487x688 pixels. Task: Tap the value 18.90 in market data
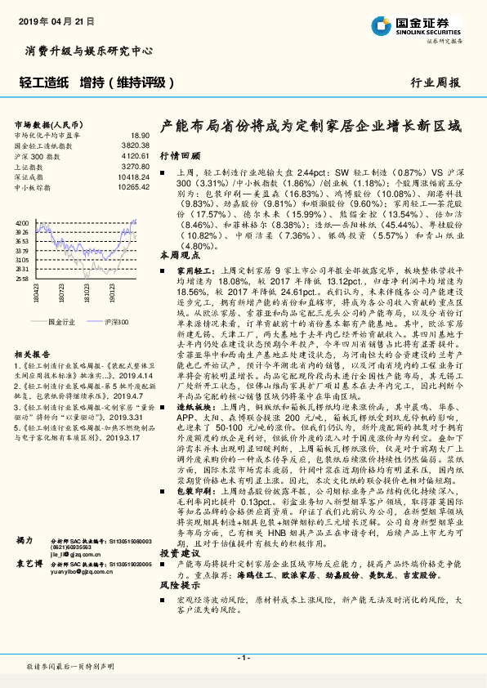click(x=141, y=135)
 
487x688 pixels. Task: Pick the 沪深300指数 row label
click(x=39, y=154)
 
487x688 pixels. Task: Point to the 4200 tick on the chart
click(x=23, y=222)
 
